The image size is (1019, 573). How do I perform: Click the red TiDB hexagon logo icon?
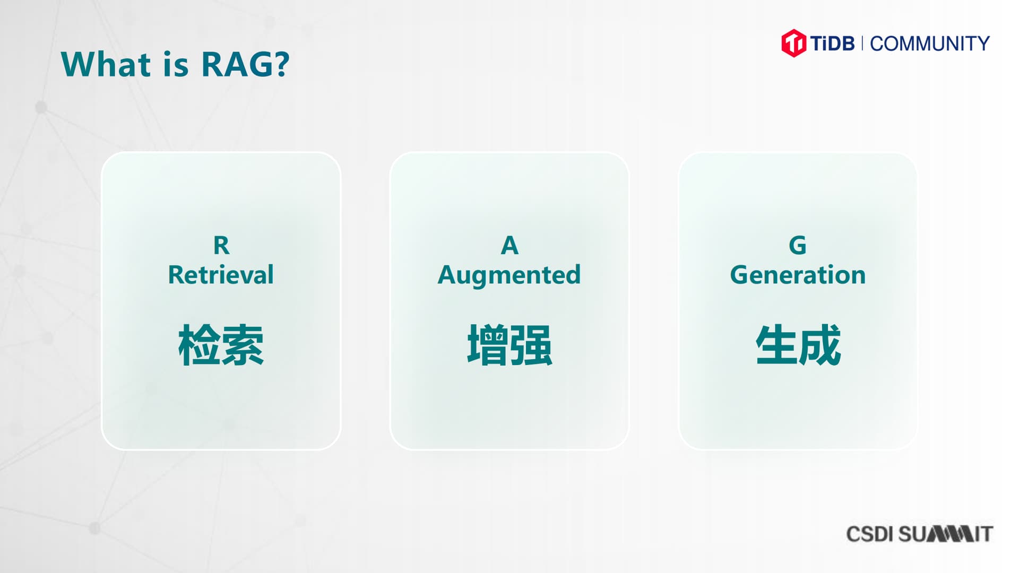point(793,43)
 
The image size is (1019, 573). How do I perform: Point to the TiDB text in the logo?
point(832,43)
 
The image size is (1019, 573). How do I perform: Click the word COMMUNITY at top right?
point(930,44)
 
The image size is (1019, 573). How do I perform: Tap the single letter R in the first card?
point(221,246)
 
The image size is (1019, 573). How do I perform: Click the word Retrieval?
point(221,275)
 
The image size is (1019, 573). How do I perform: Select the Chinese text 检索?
point(221,345)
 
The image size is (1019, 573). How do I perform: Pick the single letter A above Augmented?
point(509,246)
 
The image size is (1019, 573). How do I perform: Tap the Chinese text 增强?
point(509,345)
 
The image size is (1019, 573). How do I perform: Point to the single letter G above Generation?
point(798,246)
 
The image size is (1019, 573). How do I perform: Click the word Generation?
point(798,275)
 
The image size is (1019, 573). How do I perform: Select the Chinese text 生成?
point(798,345)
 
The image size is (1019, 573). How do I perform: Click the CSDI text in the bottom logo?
point(869,534)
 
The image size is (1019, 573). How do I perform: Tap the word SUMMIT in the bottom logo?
point(945,534)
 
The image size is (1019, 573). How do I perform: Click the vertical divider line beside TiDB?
point(862,43)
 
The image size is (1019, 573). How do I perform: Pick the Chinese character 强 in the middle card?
point(531,345)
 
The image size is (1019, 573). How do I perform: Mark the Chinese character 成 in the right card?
point(820,345)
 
